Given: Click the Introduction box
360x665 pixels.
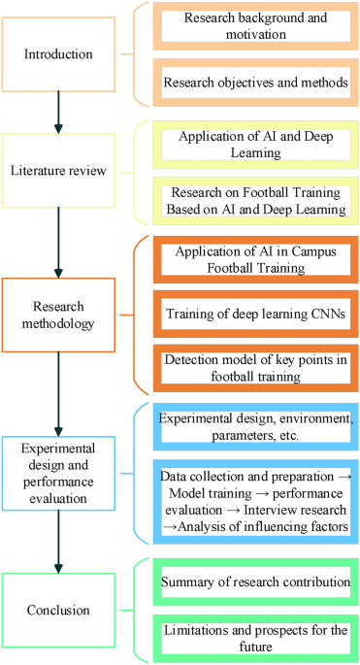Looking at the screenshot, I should tap(59, 53).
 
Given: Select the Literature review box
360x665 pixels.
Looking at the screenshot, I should tap(59, 172).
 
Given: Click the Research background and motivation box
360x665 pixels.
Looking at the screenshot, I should tap(254, 26).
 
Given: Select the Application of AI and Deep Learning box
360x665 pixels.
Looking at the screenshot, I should tap(254, 143).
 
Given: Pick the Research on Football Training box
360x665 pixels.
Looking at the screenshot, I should tap(254, 200).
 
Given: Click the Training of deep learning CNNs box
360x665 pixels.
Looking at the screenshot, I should tap(254, 316).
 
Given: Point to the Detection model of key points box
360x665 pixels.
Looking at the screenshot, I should tap(254, 371).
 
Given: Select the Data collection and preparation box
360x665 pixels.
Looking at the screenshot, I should tap(254, 502).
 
